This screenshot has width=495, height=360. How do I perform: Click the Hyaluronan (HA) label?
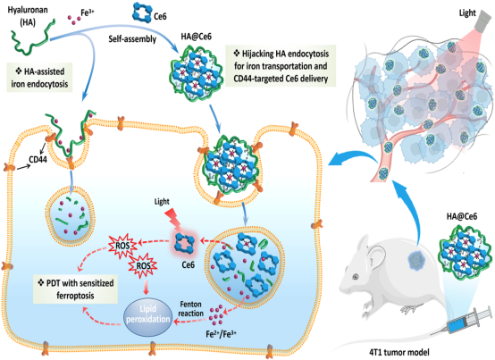click(28, 16)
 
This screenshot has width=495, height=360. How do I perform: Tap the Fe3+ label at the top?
click(88, 13)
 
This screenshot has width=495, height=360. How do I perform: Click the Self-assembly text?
click(132, 39)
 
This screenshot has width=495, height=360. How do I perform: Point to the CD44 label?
click(38, 160)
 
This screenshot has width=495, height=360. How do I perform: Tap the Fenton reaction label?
click(190, 309)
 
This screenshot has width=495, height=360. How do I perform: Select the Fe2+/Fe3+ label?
click(221, 334)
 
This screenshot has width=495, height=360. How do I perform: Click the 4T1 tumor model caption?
click(399, 352)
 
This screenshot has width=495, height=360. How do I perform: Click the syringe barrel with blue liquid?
click(463, 322)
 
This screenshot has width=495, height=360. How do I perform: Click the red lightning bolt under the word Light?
click(173, 219)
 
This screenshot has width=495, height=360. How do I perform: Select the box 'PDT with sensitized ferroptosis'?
click(75, 289)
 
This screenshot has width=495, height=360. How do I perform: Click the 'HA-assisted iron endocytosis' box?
click(40, 78)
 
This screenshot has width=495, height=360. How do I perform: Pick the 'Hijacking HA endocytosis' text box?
click(281, 66)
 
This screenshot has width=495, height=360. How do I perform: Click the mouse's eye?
click(356, 277)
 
